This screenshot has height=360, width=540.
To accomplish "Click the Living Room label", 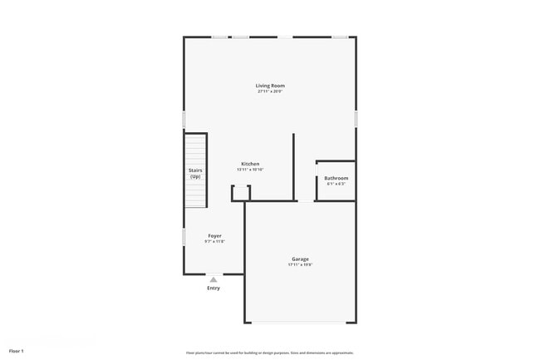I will (x=270, y=85).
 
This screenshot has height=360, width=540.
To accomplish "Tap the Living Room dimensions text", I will (x=270, y=91).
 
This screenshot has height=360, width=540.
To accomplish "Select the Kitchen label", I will (x=250, y=163).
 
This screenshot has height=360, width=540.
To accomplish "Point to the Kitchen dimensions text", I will (x=250, y=170).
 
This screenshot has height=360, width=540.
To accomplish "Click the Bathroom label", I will (x=336, y=178).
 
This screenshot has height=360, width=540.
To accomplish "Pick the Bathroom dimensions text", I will (x=336, y=185).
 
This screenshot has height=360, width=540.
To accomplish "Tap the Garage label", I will (x=300, y=259).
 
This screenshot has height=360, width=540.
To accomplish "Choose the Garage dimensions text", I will (x=300, y=265).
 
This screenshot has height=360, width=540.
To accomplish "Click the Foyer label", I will (x=214, y=236).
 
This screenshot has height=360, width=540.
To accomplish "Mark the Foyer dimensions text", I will (x=214, y=242).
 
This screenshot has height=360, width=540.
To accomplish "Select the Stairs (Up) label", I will (x=195, y=173).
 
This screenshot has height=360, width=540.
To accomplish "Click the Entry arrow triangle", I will (x=214, y=279).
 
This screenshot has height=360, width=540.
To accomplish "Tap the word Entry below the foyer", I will (x=214, y=288).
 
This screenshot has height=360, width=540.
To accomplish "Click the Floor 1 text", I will (x=17, y=351).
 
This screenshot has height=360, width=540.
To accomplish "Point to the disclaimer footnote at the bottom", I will (x=270, y=353).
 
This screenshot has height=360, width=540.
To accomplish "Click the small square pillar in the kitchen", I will (x=240, y=193).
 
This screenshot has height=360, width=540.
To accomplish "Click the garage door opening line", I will (x=300, y=323).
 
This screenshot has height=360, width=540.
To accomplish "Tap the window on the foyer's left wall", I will (x=184, y=237).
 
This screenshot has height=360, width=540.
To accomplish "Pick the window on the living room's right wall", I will (x=356, y=119).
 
